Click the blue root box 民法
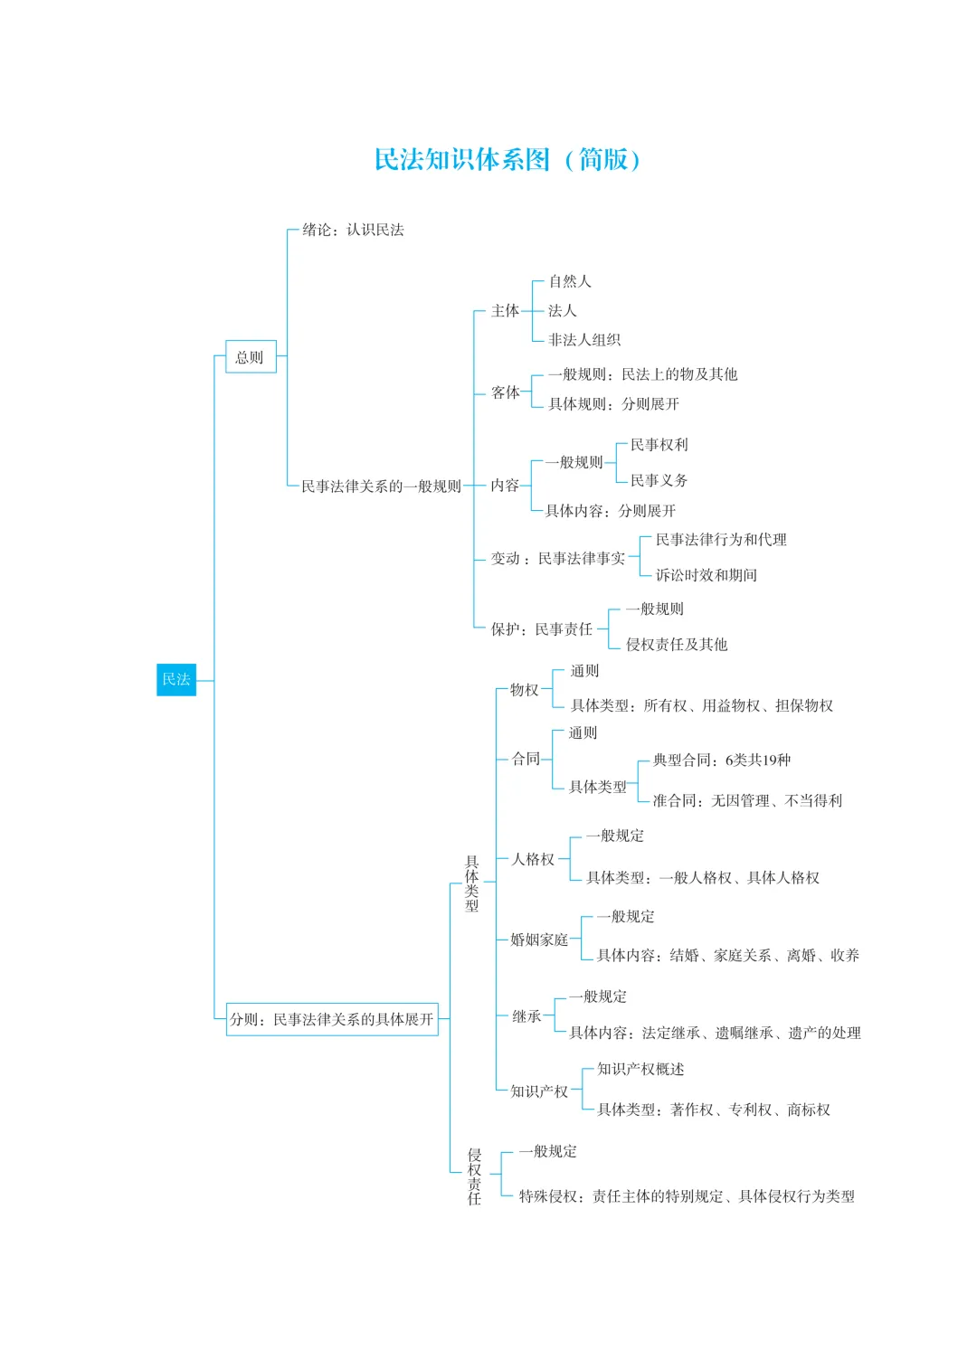click(x=176, y=679)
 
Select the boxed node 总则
click(x=250, y=357)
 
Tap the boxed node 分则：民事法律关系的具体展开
click(x=332, y=1019)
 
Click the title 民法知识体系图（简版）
click(x=507, y=160)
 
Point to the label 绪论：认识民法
click(x=353, y=230)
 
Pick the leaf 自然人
click(x=569, y=281)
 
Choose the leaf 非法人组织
click(x=583, y=340)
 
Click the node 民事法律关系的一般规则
click(x=381, y=486)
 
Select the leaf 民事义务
click(x=659, y=480)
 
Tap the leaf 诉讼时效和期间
click(x=706, y=575)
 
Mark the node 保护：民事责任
click(x=541, y=629)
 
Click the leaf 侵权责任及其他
click(x=677, y=645)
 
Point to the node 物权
click(x=524, y=690)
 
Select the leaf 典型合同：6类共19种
click(x=721, y=760)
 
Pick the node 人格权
click(x=533, y=859)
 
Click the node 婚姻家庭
click(x=539, y=940)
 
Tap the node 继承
click(x=526, y=1016)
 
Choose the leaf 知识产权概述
click(x=640, y=1070)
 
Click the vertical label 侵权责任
click(x=474, y=1176)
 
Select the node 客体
click(x=505, y=392)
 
